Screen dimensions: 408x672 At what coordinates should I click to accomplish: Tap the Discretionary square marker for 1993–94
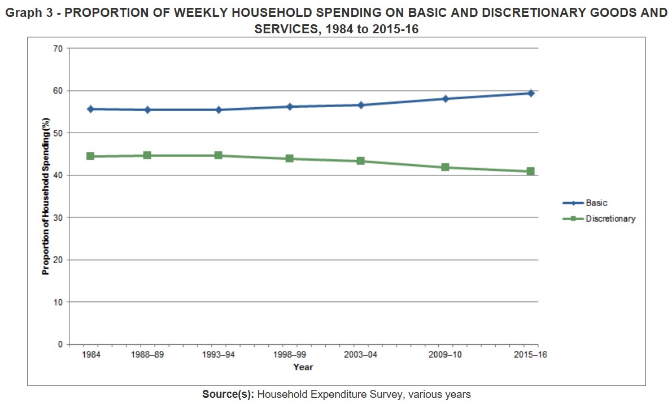(219, 155)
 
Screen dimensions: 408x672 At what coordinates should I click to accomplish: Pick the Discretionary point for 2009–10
(445, 167)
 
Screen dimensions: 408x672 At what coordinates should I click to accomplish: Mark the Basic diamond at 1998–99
(290, 106)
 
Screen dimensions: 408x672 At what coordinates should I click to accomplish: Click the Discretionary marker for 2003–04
(360, 161)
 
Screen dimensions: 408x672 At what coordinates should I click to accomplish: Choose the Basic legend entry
(596, 203)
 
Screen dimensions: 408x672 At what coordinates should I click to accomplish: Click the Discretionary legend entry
(610, 218)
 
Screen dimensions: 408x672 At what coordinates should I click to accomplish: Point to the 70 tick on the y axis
(58, 49)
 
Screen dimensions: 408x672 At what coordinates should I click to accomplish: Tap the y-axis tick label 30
(58, 218)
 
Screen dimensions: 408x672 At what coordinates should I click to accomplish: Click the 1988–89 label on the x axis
(147, 354)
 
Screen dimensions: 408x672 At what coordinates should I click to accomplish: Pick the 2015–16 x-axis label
(530, 354)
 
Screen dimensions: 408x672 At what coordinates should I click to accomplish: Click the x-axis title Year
(303, 367)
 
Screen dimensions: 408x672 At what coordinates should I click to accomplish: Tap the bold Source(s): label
(228, 394)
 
